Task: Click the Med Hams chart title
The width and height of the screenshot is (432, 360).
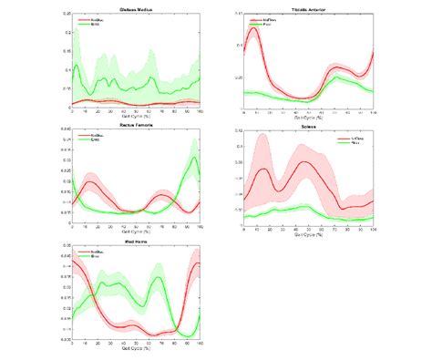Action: click(x=136, y=240)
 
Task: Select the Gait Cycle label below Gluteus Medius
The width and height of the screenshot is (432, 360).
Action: click(x=136, y=118)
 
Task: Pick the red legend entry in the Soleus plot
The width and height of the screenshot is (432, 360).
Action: click(x=357, y=138)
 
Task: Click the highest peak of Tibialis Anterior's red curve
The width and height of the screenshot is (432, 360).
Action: click(x=252, y=29)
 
